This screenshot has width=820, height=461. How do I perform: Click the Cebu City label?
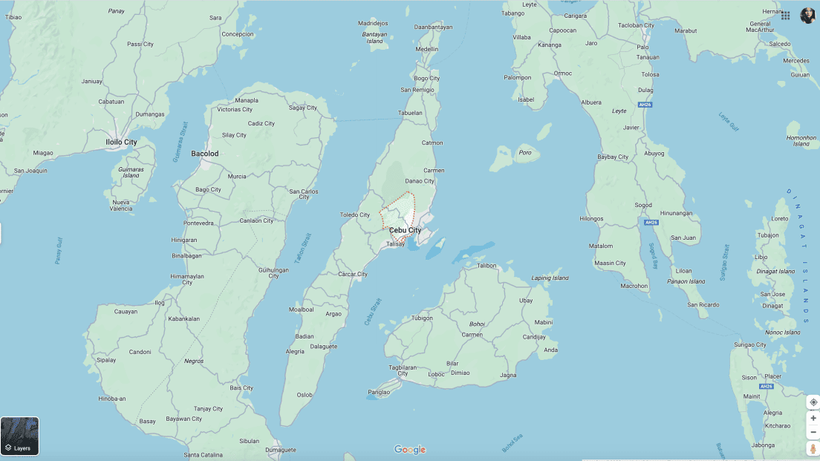[405, 230]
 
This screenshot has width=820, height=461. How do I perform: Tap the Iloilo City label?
[121, 142]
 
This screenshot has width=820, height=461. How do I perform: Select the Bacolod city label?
[205, 154]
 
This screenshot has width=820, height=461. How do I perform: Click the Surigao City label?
[749, 344]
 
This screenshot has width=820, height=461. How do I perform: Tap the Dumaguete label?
[281, 450]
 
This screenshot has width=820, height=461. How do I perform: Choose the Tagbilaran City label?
[402, 370]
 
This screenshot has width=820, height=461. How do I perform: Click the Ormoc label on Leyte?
[563, 73]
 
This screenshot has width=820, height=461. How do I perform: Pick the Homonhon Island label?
[801, 140]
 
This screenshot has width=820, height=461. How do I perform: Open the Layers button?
[19, 437]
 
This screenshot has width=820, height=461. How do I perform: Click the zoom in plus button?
[813, 418]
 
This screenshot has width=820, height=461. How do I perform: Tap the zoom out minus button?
[813, 432]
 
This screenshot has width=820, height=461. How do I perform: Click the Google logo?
[409, 449]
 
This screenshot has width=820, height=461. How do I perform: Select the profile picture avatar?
[807, 16]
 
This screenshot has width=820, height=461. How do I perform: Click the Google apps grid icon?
[785, 16]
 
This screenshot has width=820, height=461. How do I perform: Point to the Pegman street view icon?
[813, 448]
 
